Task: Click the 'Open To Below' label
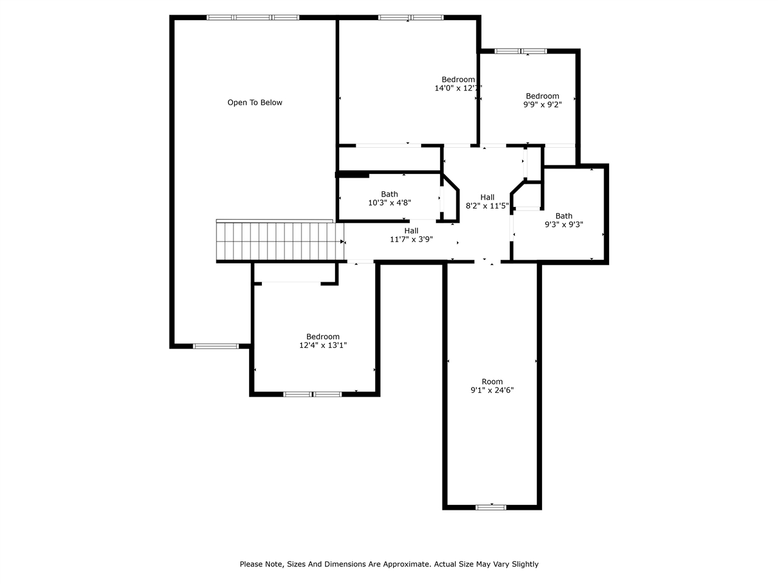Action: (x=255, y=102)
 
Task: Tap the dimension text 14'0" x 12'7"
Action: (x=458, y=88)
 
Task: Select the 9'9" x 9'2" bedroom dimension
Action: (x=542, y=104)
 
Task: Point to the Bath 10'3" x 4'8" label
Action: (x=389, y=198)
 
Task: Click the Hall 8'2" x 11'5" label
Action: (x=487, y=201)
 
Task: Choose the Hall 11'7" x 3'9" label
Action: (x=411, y=235)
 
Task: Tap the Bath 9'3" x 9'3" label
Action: (x=563, y=220)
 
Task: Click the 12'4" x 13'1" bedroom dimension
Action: (x=323, y=345)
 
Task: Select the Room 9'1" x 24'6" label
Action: (x=492, y=386)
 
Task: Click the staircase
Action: (x=280, y=241)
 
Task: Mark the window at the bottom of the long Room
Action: (x=491, y=507)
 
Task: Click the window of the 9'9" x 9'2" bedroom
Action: (x=520, y=51)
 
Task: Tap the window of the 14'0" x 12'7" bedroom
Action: (x=410, y=18)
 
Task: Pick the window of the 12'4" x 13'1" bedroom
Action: (x=312, y=394)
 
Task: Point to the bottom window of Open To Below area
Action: (x=216, y=346)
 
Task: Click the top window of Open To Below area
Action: (x=253, y=18)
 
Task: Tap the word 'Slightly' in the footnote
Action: (x=525, y=564)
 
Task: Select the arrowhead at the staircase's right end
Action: (x=342, y=242)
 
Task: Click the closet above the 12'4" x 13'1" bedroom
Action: (x=294, y=273)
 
